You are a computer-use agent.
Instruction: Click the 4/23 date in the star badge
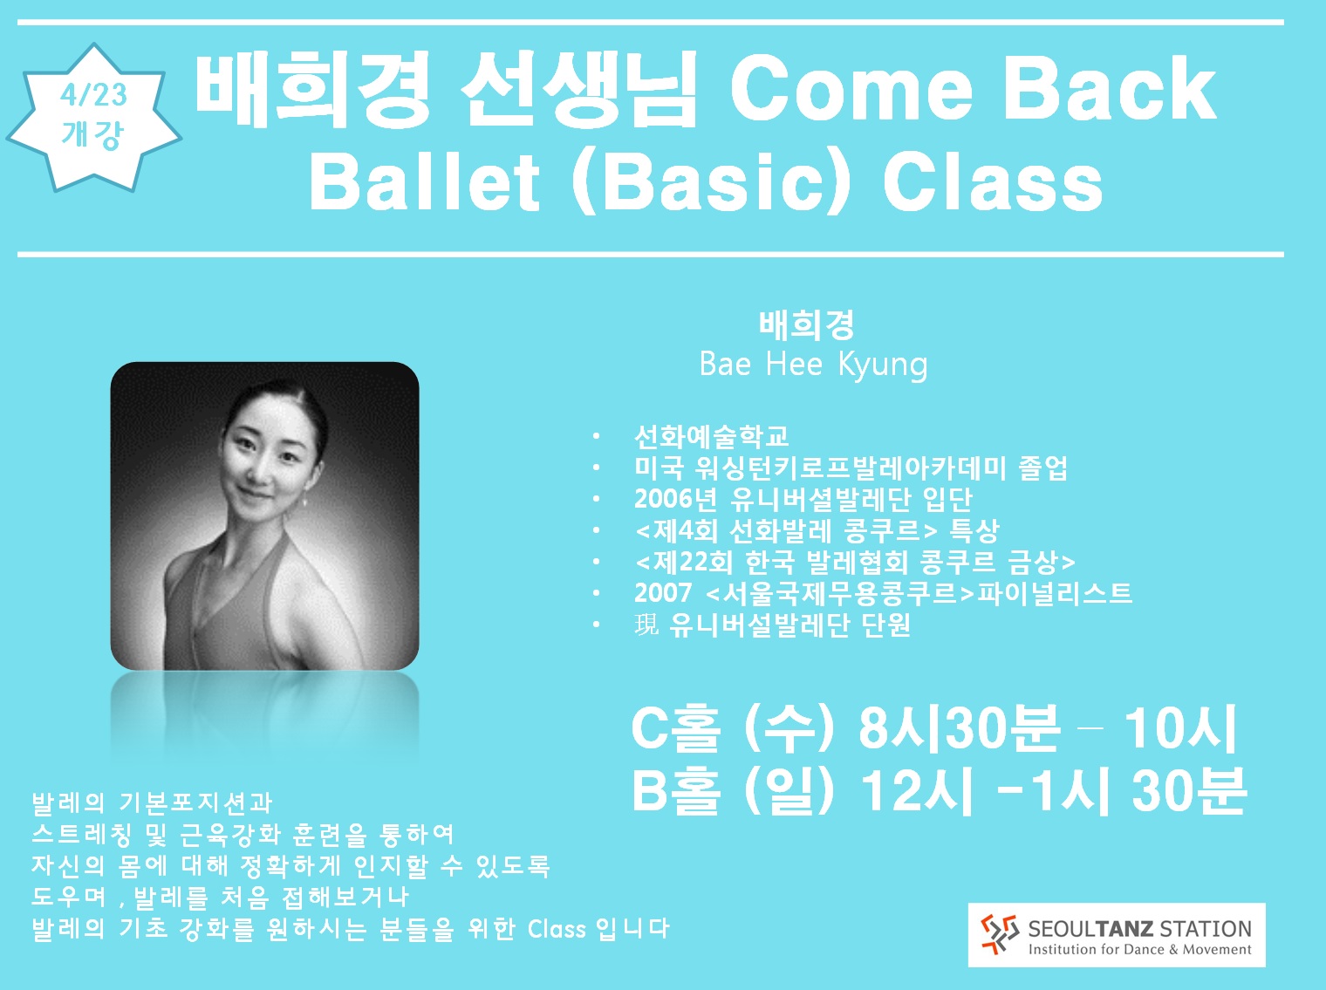coord(93,95)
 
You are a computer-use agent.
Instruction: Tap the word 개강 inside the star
coord(92,134)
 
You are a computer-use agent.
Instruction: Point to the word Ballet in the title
coord(424,181)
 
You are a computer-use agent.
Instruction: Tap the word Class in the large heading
coord(993,182)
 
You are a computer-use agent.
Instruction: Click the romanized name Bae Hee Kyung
coord(813,365)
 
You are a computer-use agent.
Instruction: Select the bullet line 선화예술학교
coord(712,437)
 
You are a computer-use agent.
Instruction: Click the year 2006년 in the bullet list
coord(676,499)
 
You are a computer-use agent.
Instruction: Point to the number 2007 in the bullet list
coord(663,592)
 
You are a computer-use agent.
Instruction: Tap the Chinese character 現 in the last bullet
coord(646,625)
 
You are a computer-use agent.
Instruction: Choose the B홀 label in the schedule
coord(677,790)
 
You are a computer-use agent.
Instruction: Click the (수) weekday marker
coord(789,728)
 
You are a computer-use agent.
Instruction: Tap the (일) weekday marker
coord(789,790)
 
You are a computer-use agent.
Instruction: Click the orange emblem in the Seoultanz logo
coord(1000,934)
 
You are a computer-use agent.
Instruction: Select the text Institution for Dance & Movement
coord(1140,950)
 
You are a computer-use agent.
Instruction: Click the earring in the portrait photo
coord(304,501)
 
